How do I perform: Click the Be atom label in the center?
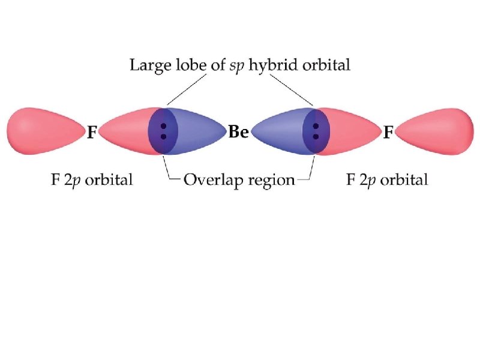click(238, 132)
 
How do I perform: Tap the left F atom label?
click(91, 133)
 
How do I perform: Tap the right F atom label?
click(388, 132)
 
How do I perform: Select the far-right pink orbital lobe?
click(436, 131)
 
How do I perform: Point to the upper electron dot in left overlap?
click(164, 126)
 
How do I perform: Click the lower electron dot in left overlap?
click(164, 137)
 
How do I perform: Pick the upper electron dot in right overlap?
click(316, 126)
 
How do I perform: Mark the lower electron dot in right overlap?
click(316, 137)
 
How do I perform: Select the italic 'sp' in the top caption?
click(238, 67)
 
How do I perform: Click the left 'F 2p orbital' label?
click(91, 179)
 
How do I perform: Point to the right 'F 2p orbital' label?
click(388, 179)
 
